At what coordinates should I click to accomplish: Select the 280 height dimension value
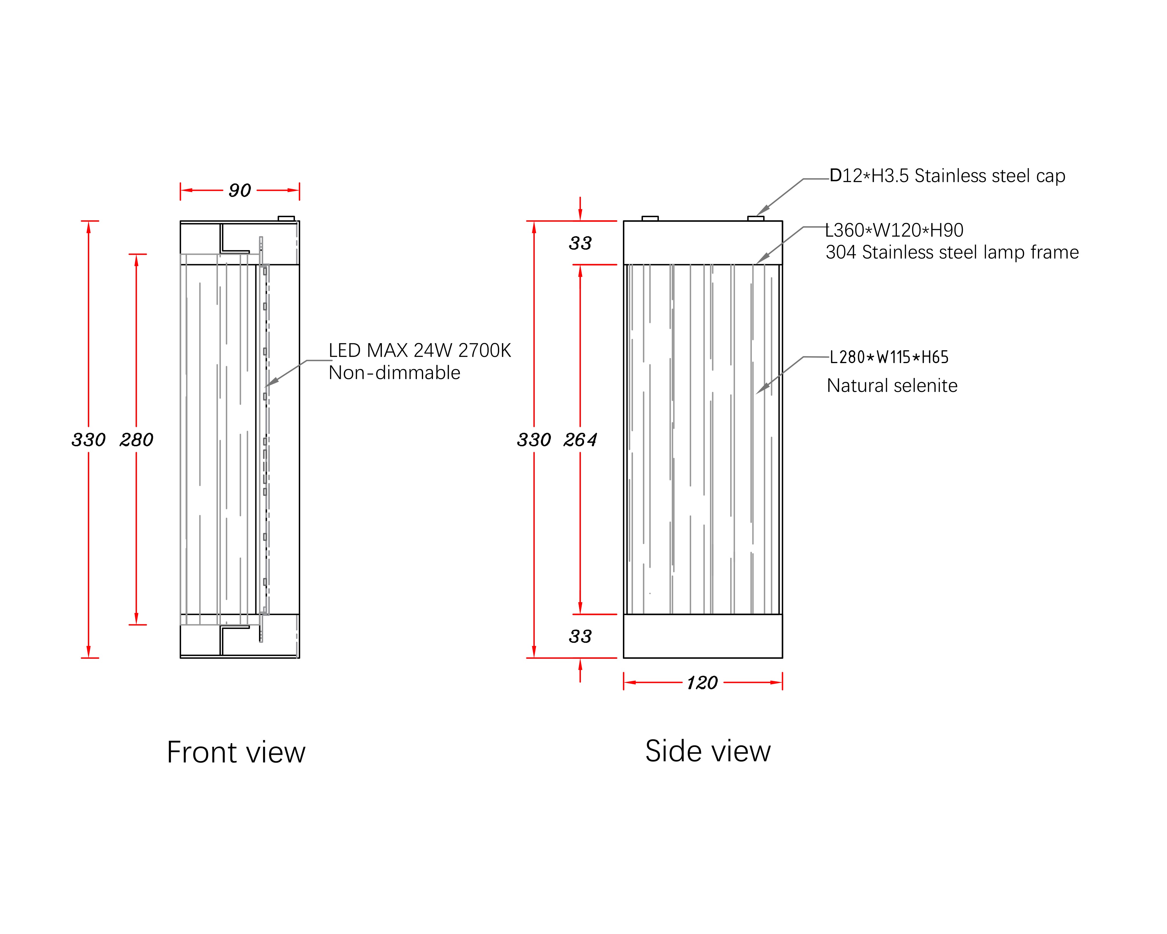click(137, 440)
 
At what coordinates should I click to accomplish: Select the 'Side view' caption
click(708, 751)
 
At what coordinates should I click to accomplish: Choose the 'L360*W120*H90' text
click(894, 230)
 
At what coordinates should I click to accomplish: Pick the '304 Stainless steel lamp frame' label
click(952, 252)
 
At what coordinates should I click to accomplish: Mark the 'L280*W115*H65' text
click(889, 357)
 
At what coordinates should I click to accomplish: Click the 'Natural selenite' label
click(892, 386)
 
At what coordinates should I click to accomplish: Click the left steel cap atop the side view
click(650, 219)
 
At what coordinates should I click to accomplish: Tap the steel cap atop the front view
click(286, 219)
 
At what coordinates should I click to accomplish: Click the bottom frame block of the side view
click(703, 636)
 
